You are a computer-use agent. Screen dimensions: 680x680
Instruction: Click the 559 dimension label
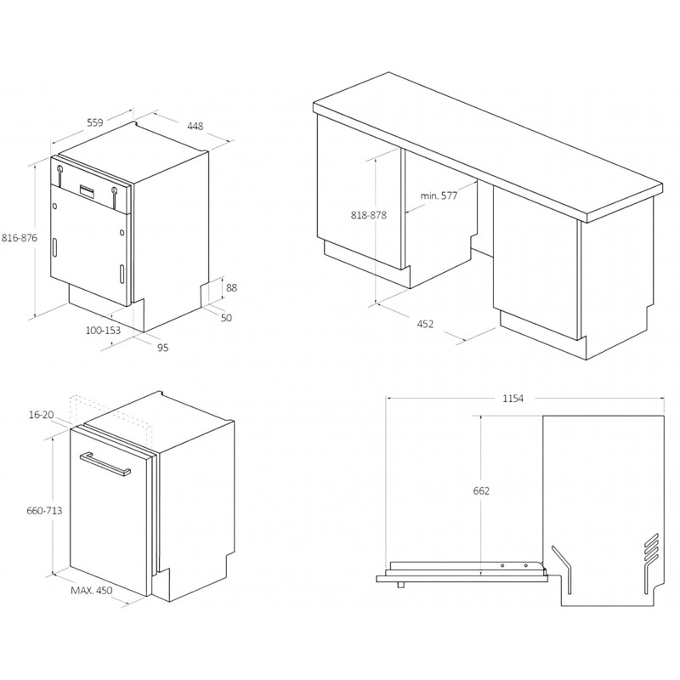95,122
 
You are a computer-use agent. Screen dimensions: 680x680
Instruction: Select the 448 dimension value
195,126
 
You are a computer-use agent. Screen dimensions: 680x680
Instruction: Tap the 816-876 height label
20,238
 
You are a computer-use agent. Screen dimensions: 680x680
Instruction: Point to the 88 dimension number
231,287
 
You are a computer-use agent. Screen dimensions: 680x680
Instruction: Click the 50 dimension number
226,318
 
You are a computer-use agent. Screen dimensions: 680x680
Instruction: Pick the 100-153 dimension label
103,331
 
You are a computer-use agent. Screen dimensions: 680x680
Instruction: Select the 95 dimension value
162,348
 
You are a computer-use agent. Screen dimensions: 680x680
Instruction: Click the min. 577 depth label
439,195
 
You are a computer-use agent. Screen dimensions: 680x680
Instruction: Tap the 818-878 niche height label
369,215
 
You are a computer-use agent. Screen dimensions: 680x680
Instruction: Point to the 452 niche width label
425,324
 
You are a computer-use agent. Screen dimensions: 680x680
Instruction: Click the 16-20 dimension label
41,415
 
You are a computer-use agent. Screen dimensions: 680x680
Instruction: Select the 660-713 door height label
44,511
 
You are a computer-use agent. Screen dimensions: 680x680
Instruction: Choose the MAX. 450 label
92,590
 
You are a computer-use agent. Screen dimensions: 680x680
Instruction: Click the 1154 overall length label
513,398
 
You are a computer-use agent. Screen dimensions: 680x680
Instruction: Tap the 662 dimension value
481,491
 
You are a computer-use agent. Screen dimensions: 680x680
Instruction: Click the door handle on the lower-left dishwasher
105,465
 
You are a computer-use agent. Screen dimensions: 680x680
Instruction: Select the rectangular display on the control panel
88,191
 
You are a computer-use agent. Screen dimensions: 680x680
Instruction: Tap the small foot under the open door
401,586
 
